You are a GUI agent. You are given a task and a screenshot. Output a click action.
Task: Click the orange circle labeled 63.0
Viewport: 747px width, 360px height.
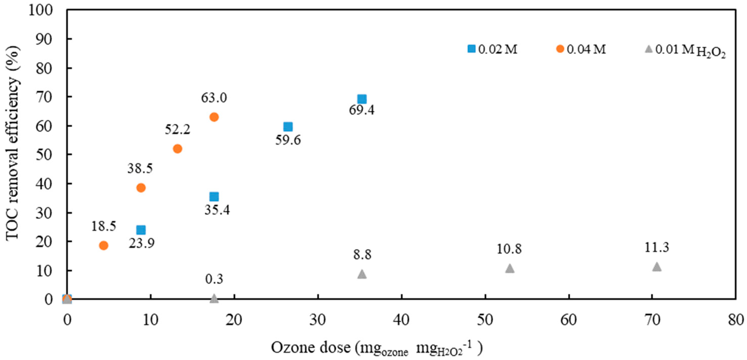click(x=214, y=117)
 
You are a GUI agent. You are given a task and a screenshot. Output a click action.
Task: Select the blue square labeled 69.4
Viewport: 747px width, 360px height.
click(x=362, y=99)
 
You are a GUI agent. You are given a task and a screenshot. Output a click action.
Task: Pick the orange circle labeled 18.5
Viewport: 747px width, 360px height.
click(x=104, y=245)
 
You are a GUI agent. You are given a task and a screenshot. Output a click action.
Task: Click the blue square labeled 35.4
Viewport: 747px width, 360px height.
click(x=214, y=197)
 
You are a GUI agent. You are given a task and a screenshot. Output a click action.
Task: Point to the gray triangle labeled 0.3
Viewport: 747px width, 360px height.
click(x=214, y=298)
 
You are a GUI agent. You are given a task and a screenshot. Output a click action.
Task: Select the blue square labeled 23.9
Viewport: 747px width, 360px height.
click(x=141, y=230)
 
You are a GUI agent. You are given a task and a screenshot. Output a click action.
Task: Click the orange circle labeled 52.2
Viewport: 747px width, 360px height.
click(x=177, y=149)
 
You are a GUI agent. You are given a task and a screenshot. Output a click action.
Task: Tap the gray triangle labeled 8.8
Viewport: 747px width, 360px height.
click(x=362, y=274)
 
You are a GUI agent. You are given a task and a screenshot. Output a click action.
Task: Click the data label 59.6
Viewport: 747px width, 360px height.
click(x=288, y=140)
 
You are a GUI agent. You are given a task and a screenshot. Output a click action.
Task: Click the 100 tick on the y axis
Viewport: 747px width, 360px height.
click(x=41, y=10)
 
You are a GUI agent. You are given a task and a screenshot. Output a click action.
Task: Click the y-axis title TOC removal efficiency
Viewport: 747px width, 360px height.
click(x=13, y=144)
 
